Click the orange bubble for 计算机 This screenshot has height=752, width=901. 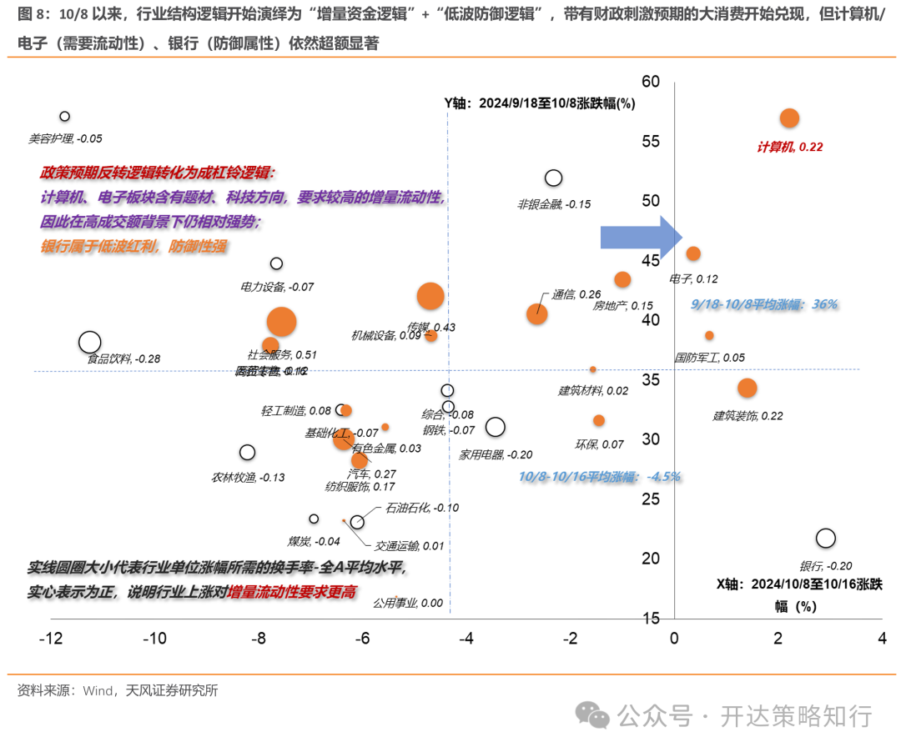[x=789, y=118]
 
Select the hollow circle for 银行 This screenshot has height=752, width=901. [x=826, y=539]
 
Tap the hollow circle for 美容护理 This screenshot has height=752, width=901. [x=64, y=117]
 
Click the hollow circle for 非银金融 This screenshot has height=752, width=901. [x=553, y=178]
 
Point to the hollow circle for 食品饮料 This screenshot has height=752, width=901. [x=89, y=342]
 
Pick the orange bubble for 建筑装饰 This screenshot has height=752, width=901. [x=747, y=388]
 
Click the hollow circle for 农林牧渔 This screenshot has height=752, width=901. [x=247, y=453]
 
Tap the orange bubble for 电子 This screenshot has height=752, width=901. [x=692, y=253]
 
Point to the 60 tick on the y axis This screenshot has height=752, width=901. [x=651, y=82]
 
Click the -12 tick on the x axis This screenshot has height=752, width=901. [x=52, y=639]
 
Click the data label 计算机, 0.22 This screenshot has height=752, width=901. [x=789, y=147]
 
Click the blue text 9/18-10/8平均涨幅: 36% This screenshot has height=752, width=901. [x=764, y=304]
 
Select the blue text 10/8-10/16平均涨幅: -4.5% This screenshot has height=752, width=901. [x=599, y=476]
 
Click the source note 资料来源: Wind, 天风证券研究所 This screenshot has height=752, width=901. [x=117, y=690]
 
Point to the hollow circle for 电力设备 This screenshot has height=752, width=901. [x=277, y=263]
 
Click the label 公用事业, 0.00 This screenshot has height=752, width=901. [x=407, y=603]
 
